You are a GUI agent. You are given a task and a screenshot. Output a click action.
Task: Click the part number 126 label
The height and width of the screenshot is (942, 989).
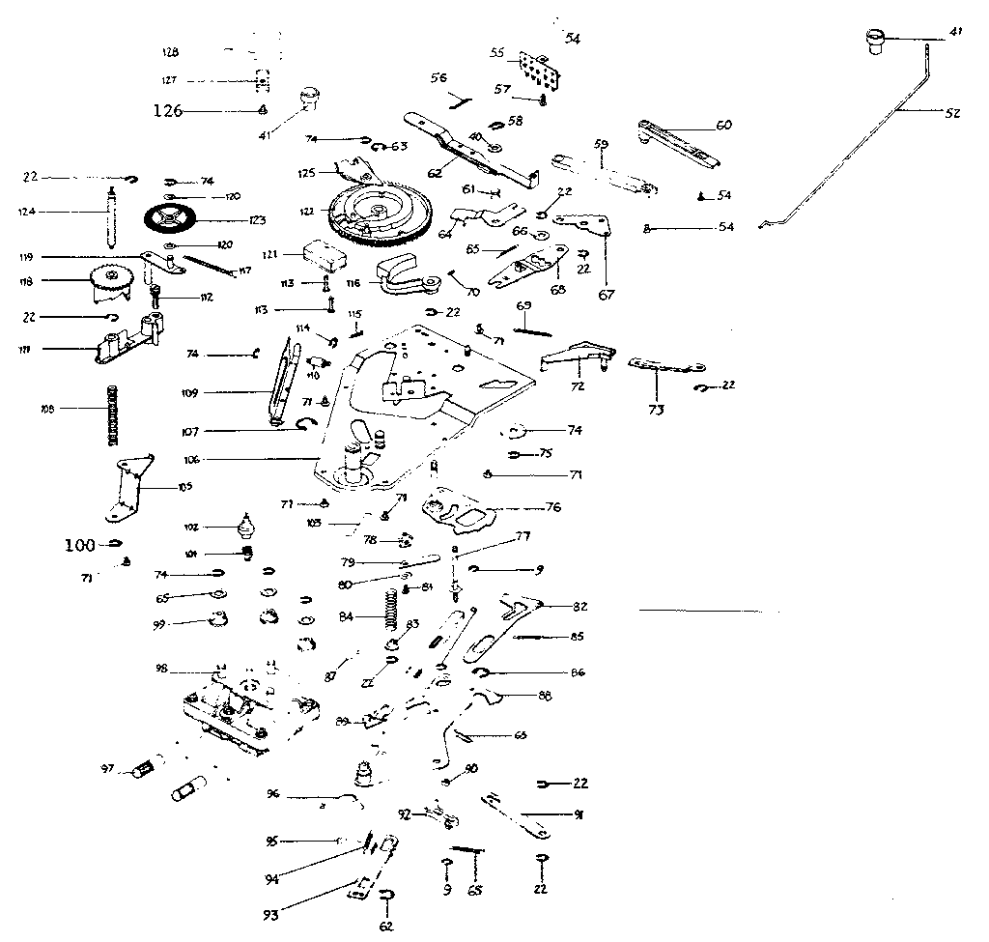click(x=168, y=110)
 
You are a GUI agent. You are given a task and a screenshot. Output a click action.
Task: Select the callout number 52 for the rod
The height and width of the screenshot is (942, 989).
click(x=952, y=113)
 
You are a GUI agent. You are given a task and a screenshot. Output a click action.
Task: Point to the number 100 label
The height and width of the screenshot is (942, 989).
click(x=80, y=546)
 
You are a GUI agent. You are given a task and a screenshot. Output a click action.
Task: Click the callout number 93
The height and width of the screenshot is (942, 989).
click(x=274, y=914)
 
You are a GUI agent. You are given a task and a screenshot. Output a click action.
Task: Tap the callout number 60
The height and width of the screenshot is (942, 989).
click(x=723, y=125)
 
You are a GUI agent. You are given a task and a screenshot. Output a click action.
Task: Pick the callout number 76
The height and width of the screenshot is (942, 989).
click(x=553, y=507)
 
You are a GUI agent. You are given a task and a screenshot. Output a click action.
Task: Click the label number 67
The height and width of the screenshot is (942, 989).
click(x=606, y=295)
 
